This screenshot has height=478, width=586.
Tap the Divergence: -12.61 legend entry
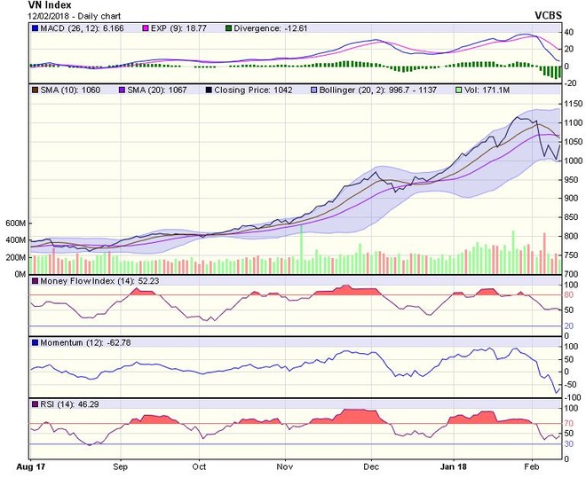271,28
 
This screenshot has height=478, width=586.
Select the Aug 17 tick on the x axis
31,465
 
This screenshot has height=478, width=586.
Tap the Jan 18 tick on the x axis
455,465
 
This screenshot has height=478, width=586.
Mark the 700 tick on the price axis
563,274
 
